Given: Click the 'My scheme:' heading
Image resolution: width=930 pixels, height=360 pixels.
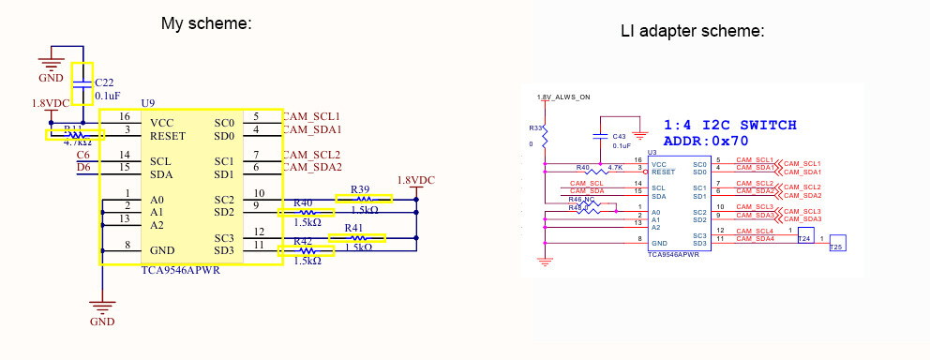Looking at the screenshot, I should (206, 23).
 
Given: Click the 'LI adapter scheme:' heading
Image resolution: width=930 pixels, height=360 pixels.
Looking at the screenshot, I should (693, 32).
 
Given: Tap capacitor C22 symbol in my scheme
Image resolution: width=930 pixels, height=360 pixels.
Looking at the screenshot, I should (83, 83).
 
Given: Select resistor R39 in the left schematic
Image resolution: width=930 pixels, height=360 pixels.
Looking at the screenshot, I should (364, 199).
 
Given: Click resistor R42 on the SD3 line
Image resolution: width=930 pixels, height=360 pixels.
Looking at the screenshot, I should (306, 251).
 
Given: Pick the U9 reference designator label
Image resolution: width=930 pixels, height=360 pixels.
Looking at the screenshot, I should (147, 102).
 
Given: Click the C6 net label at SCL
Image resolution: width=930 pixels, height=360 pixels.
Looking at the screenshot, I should (83, 155).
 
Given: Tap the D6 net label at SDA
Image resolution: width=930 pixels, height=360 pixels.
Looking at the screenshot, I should (83, 168).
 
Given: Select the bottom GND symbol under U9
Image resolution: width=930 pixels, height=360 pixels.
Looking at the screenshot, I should (101, 307).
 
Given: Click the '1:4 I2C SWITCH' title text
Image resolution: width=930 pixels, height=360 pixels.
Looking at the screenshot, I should (729, 125).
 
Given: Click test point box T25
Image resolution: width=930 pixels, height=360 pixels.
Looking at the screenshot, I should (837, 242).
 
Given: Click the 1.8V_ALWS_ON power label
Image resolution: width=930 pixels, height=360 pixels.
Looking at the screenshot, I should (562, 97).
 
